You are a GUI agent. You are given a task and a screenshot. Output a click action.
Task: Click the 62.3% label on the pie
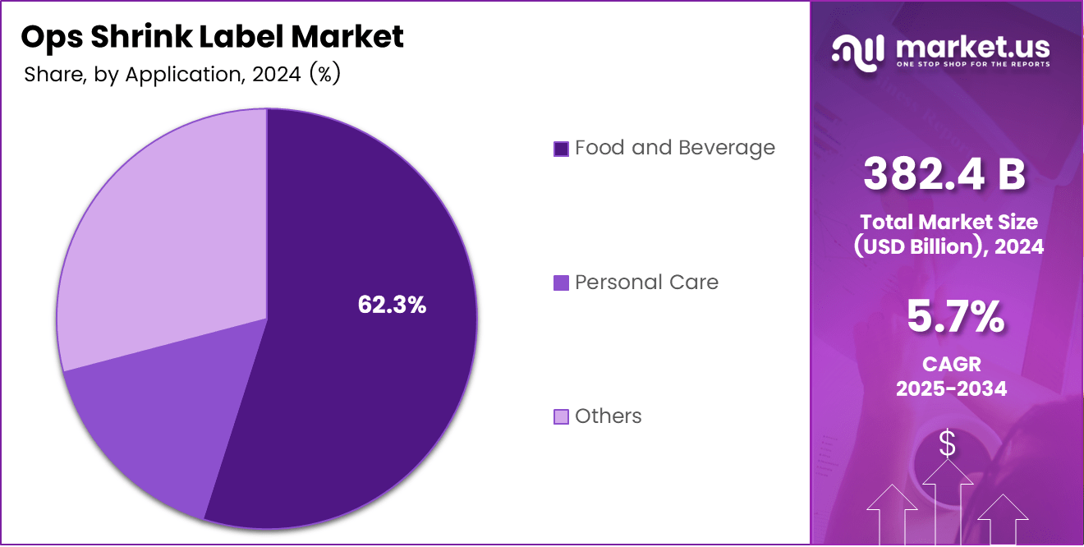[x=392, y=305]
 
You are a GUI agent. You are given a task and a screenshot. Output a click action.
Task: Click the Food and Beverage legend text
[x=674, y=148]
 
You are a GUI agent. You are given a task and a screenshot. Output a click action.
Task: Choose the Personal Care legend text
[x=646, y=283]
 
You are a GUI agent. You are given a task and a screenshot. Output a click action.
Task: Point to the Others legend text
[x=608, y=416]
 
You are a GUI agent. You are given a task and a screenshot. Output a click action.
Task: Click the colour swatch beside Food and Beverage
[x=561, y=149]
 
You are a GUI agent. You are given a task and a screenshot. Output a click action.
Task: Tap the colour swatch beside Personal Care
[x=561, y=283]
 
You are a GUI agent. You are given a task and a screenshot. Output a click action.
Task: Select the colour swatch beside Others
[x=561, y=417]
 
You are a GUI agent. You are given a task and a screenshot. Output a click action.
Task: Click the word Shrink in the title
[x=143, y=37]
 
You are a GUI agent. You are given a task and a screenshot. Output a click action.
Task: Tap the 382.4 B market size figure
[x=944, y=174]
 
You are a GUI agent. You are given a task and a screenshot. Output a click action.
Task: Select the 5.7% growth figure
[x=955, y=317]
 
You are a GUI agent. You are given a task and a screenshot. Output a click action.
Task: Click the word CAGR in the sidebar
[x=951, y=363]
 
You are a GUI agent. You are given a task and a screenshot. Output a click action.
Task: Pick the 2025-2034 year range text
[x=951, y=388]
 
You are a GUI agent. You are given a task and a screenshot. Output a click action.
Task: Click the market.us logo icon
[x=857, y=50]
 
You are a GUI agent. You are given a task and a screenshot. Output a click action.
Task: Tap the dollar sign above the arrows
[x=947, y=444]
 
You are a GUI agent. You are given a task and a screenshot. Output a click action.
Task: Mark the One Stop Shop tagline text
[x=972, y=64]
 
